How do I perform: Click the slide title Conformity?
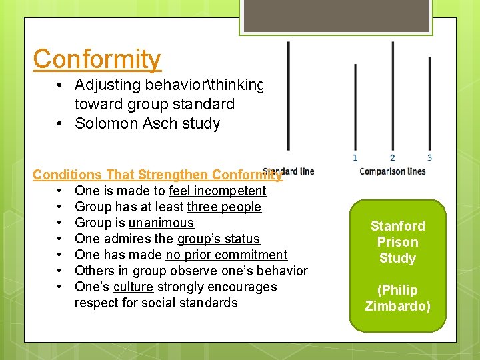click(x=97, y=59)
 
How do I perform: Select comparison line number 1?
click(x=355, y=107)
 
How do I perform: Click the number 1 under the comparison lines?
click(x=355, y=158)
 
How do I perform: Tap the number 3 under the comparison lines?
click(x=429, y=158)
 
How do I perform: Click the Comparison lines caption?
click(x=392, y=171)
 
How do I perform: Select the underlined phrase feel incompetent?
click(x=217, y=191)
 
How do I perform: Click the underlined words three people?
click(x=224, y=207)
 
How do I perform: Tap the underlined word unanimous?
click(x=161, y=223)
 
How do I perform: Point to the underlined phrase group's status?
click(x=218, y=239)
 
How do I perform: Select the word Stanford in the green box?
click(x=397, y=226)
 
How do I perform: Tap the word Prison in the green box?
click(x=397, y=242)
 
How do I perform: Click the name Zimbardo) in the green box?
click(x=397, y=306)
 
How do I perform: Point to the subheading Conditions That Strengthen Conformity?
click(x=157, y=175)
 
